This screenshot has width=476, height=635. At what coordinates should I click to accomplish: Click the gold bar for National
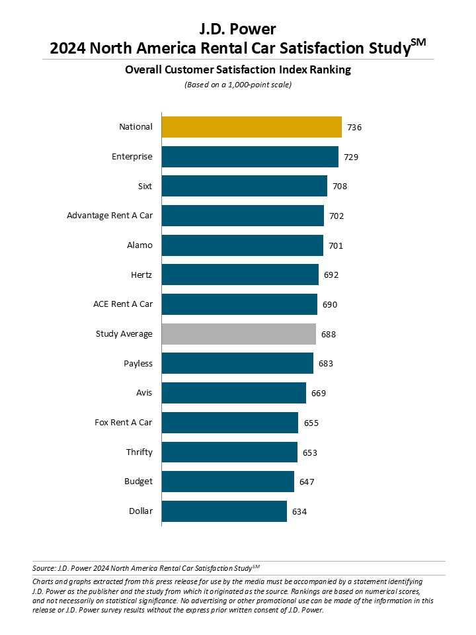point(251,127)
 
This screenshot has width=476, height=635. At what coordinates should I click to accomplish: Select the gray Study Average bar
point(239,334)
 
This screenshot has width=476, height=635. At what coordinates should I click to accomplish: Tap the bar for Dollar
point(224,511)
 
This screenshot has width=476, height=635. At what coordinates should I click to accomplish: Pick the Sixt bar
point(244,186)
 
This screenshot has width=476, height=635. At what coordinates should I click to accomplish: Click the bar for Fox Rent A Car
point(229,423)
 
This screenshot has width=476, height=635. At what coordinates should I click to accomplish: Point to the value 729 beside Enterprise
point(351,157)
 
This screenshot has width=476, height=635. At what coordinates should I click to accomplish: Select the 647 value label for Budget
point(307,482)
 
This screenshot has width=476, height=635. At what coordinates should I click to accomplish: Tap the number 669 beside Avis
point(319,394)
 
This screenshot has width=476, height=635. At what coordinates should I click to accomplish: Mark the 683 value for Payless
point(326,364)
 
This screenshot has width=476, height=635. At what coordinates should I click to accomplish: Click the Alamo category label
point(139,245)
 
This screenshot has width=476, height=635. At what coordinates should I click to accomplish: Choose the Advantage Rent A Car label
point(110,216)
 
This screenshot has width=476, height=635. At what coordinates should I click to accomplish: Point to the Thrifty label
point(139,452)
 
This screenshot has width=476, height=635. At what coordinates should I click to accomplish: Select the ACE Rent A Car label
point(123,304)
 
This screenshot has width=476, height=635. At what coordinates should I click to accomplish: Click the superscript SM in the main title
point(418,42)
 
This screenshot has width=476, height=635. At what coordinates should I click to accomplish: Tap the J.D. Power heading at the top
point(238,29)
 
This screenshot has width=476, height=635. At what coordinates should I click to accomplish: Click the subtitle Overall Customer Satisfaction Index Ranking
point(238,69)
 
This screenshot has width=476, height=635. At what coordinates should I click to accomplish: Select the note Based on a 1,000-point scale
point(238,85)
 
